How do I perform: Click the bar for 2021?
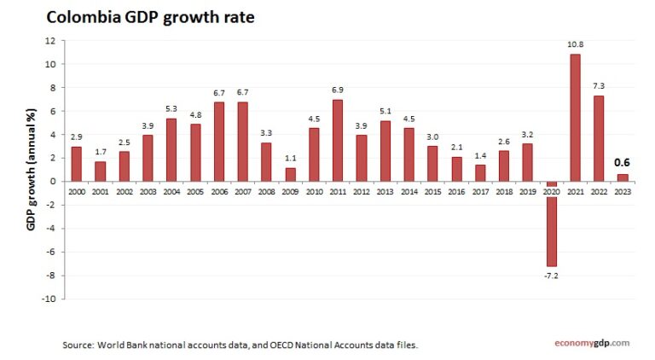576,118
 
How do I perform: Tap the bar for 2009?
290,174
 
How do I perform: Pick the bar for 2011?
338,140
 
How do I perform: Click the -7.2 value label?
552,276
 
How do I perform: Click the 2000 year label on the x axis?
77,191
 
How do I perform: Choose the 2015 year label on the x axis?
433,191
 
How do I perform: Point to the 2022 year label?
600,191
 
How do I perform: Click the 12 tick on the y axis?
51,40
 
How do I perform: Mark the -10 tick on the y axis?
49,299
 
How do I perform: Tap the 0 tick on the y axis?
53,182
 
